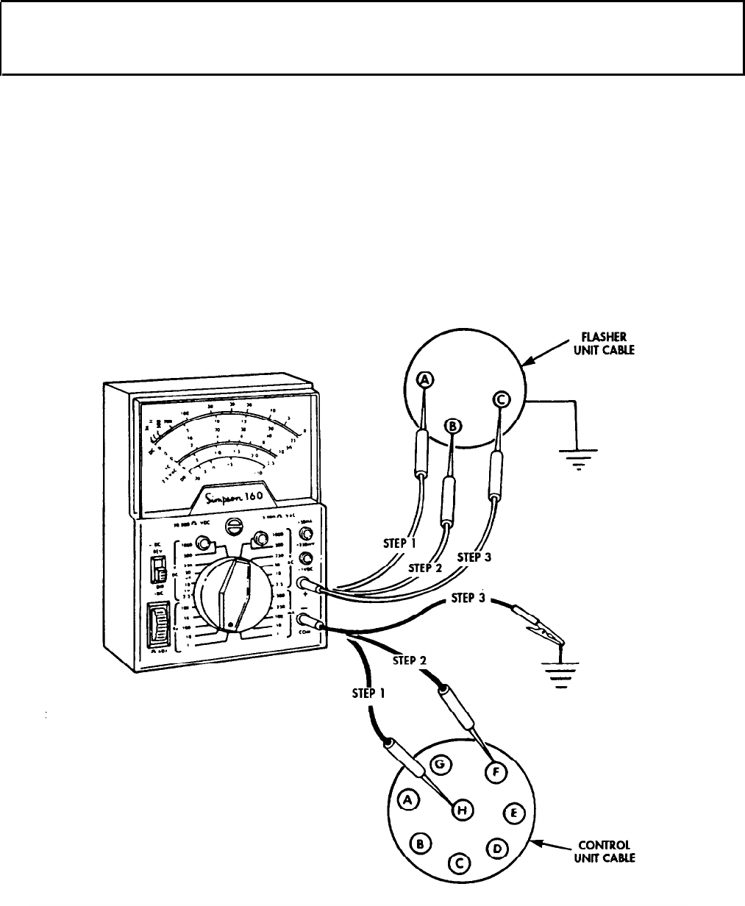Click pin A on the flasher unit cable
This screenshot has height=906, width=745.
click(x=425, y=379)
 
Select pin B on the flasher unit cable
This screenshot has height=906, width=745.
click(x=454, y=426)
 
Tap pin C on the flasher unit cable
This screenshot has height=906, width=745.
click(x=501, y=399)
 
